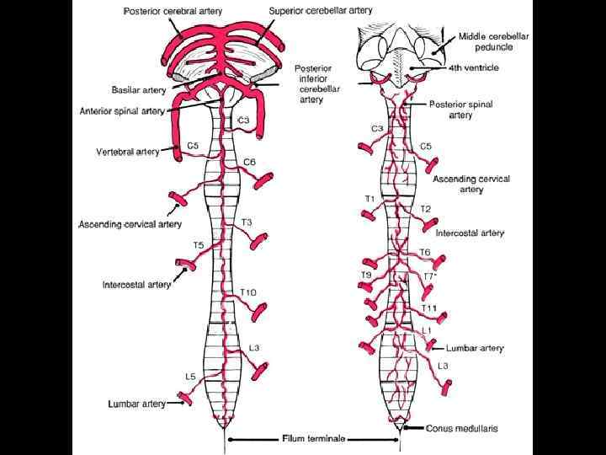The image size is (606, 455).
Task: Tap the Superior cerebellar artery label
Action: (x=321, y=11)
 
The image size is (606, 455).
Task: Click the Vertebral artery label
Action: (x=127, y=152)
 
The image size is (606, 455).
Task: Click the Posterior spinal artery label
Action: (x=461, y=110)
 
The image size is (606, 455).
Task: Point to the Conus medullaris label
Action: (x=462, y=428)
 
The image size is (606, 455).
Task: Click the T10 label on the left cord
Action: (x=248, y=292)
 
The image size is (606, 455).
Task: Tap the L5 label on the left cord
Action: (x=192, y=376)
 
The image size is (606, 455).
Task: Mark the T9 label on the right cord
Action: (x=366, y=275)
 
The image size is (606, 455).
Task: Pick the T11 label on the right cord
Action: (x=429, y=308)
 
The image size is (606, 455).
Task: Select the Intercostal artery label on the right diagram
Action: (x=470, y=233)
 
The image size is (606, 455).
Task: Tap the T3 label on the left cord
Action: (x=247, y=222)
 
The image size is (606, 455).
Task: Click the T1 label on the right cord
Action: (x=369, y=198)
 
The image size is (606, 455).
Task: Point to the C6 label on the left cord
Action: (x=249, y=162)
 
